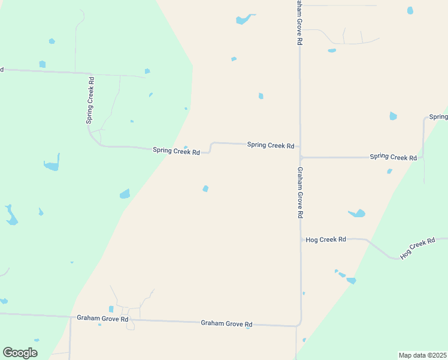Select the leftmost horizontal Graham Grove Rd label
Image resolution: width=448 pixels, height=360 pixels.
(102, 318)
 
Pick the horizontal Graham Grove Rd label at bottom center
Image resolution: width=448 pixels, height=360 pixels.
(226, 323)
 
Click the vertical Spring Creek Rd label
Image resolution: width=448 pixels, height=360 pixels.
(91, 100)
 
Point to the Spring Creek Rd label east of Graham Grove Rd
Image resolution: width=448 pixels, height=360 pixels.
(393, 157)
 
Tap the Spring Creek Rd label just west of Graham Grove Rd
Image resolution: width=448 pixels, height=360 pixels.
(271, 145)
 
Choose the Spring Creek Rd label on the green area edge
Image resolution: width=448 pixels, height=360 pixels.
(176, 151)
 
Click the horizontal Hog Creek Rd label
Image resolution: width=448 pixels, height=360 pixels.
(326, 239)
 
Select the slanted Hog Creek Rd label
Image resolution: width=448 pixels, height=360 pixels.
(417, 248)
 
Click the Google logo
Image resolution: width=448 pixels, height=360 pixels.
(20, 353)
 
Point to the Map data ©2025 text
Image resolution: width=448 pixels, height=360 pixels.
(422, 355)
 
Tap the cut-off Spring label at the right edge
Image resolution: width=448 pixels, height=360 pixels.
(438, 116)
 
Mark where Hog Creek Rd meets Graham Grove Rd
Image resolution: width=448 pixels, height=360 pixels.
(301, 239)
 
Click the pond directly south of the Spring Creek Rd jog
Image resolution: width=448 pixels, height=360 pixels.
(205, 188)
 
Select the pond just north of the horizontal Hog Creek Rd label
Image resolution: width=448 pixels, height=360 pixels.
(358, 213)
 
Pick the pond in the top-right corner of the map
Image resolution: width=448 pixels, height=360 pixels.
(410, 10)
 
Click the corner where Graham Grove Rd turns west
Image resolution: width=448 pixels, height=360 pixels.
(299, 325)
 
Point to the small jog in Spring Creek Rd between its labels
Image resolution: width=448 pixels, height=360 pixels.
(211, 147)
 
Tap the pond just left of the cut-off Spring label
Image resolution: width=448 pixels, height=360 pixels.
(393, 116)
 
